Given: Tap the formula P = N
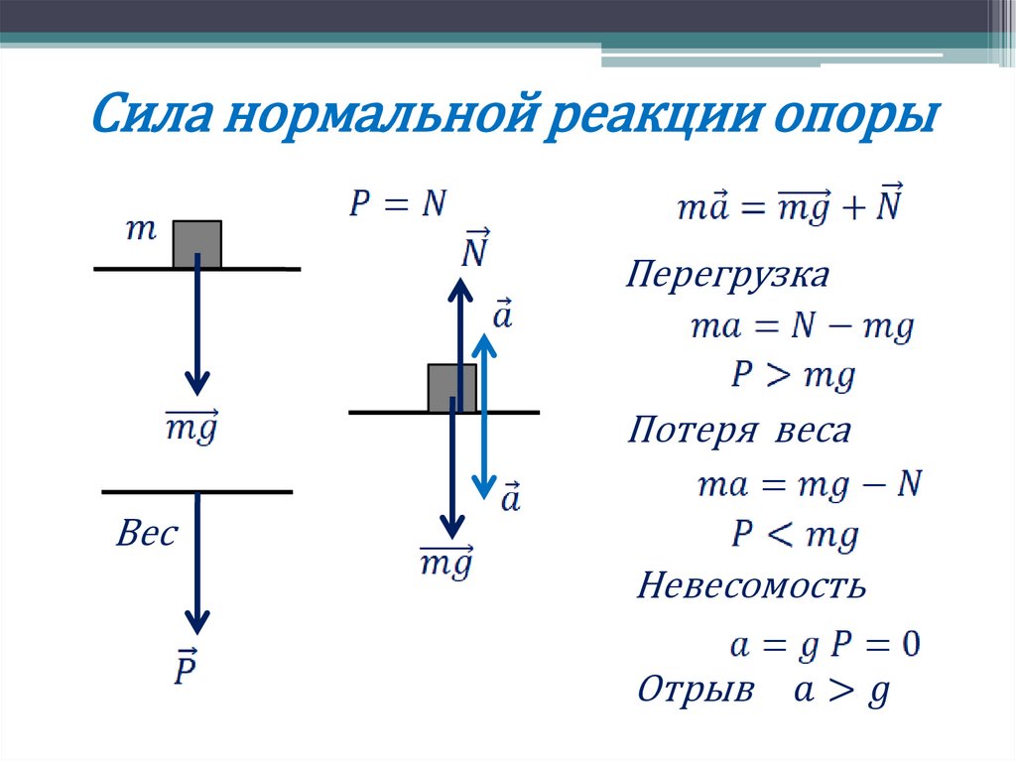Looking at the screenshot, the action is pyautogui.click(x=398, y=203).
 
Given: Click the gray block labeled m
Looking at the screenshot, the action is pyautogui.click(x=196, y=244).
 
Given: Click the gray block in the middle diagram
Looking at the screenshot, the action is pyautogui.click(x=451, y=388).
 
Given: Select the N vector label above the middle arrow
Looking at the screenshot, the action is pyautogui.click(x=474, y=251).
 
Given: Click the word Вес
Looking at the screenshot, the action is pyautogui.click(x=147, y=535).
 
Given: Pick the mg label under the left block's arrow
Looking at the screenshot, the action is pyautogui.click(x=191, y=428).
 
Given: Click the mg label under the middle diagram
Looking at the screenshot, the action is pyautogui.click(x=445, y=564).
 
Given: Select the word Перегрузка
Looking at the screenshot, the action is pyautogui.click(x=727, y=275).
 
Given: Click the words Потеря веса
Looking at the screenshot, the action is pyautogui.click(x=739, y=432).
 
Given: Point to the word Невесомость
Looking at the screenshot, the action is pyautogui.click(x=751, y=585).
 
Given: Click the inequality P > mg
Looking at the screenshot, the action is pyautogui.click(x=792, y=376).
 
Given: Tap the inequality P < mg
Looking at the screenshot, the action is pyautogui.click(x=794, y=536).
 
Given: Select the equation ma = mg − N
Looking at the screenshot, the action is pyautogui.click(x=810, y=485).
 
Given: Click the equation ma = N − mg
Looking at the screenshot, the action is pyautogui.click(x=802, y=326).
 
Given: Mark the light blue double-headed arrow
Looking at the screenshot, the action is pyautogui.click(x=483, y=416).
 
